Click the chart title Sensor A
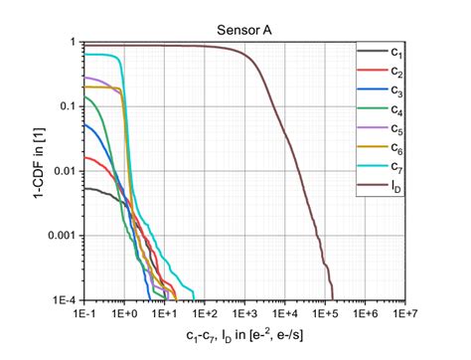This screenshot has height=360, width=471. tap(243, 28)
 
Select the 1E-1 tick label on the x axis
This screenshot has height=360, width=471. tap(83, 311)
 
